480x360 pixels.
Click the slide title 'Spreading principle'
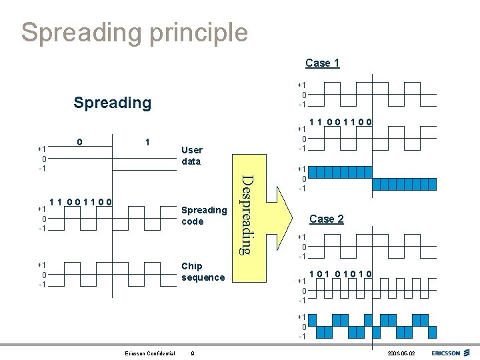tap(134, 32)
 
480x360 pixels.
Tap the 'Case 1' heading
tap(323, 63)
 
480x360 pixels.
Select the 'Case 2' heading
tap(327, 219)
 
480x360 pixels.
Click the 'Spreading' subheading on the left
tap(113, 103)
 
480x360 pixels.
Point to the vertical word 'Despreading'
tap(245, 213)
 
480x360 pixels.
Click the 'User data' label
tap(191, 155)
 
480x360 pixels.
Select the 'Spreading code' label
tap(204, 215)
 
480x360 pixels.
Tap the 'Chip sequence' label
tap(203, 271)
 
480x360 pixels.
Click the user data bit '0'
tap(80, 142)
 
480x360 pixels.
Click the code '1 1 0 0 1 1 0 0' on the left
tap(81, 201)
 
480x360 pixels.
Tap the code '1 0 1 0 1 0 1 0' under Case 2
tap(341, 273)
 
